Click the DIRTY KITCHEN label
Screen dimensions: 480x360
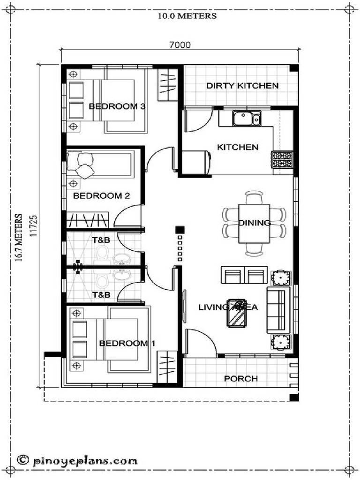(242, 86)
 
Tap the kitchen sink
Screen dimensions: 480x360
(246, 119)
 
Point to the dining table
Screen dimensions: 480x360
(254, 223)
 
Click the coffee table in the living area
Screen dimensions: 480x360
(237, 313)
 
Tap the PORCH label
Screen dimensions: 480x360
(240, 378)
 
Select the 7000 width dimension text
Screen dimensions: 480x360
(180, 45)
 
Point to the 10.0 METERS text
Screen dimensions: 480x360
(187, 16)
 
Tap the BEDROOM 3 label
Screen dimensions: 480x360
(117, 106)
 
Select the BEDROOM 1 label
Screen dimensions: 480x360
(127, 344)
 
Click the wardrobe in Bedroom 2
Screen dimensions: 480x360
(88, 220)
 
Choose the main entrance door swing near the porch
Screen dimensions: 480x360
(200, 344)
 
